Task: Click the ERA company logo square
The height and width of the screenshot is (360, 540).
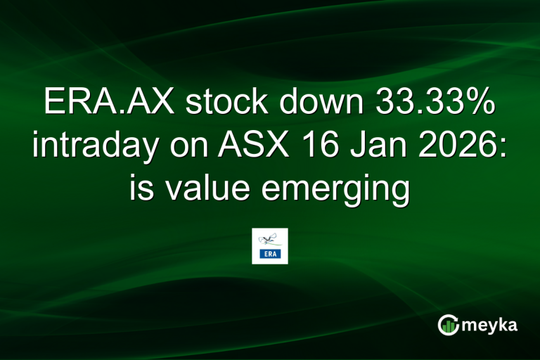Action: coord(270,246)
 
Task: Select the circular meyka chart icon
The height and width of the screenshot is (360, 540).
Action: coord(449,325)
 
